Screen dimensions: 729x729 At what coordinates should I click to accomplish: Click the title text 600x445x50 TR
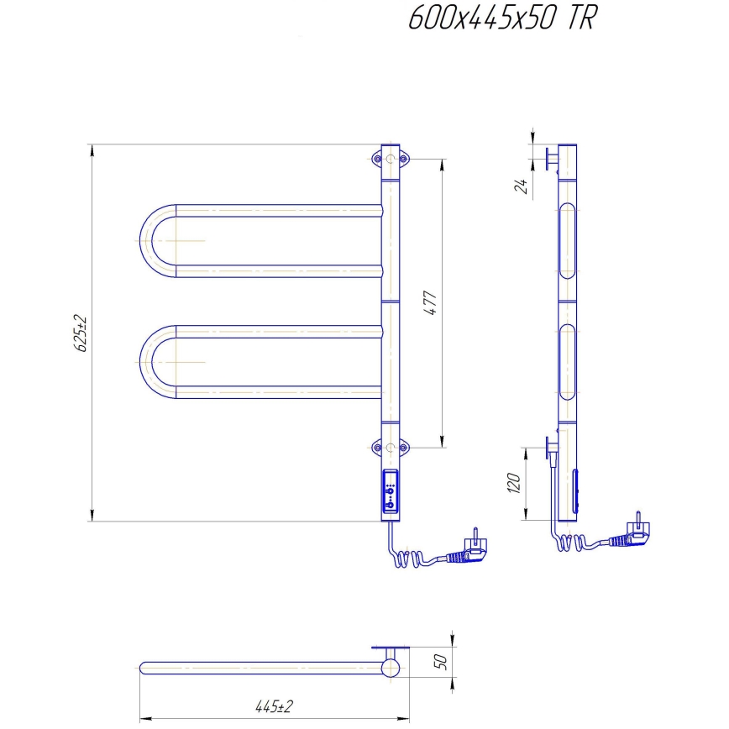[x=501, y=18]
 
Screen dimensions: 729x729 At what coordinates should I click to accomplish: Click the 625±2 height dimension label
[x=81, y=333]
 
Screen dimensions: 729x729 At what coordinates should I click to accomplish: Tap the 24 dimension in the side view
[x=520, y=186]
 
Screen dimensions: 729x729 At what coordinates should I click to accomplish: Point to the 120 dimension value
[x=515, y=483]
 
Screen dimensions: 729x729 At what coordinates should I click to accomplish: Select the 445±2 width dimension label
[x=275, y=706]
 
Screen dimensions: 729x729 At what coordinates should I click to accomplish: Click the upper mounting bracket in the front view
[x=391, y=158]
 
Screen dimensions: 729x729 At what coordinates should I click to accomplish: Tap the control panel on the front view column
[x=391, y=491]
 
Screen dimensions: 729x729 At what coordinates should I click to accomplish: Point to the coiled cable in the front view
[x=412, y=557]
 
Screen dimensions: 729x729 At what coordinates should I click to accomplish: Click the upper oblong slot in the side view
[x=569, y=240]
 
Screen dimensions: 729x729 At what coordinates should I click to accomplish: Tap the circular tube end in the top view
[x=391, y=669]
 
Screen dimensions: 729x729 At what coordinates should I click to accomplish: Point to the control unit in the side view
[x=576, y=492]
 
